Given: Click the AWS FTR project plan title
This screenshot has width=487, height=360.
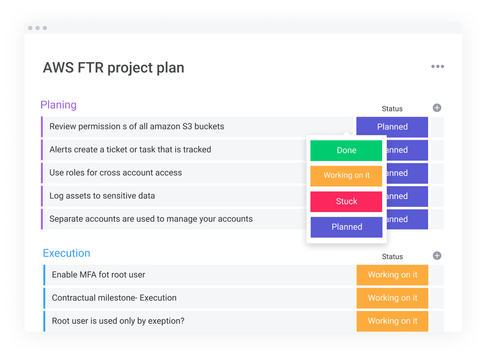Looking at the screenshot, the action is point(113,68).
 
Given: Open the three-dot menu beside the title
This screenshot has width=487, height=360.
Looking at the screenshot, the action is point(438,66).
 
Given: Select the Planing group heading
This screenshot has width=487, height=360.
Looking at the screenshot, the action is point(59,105).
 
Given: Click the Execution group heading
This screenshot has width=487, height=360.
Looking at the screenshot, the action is point(66,253).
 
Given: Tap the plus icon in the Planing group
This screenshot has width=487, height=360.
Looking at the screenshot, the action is point(437,108).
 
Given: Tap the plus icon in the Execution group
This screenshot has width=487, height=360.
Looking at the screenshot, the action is point(437,256).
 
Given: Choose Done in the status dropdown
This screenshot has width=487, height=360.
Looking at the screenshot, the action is point(346,150).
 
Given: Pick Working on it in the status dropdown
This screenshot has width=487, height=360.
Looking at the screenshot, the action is point(346,176).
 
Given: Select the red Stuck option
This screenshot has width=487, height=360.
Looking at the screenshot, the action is point(346,201).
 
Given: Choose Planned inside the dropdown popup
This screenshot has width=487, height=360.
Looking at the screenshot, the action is point(346,227).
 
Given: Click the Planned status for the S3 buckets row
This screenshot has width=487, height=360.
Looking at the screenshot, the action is point(392,127).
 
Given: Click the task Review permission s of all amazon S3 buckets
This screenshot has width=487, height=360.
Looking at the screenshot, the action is point(136,127).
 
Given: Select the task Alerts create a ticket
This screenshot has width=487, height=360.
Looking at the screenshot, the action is point(130,150).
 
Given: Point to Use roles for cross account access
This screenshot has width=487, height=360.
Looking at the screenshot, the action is point(116,172).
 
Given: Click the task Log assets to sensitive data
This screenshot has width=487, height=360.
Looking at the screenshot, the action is point(102,196).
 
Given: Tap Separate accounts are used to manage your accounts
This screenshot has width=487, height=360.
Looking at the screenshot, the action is point(151,219).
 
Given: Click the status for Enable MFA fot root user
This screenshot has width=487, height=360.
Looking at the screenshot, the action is point(392,275).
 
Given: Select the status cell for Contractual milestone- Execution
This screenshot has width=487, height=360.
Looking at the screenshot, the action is point(392,298).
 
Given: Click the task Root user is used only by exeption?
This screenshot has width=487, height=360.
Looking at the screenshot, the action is point(118,321).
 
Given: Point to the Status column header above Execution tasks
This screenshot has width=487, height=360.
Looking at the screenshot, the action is point(392,256).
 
